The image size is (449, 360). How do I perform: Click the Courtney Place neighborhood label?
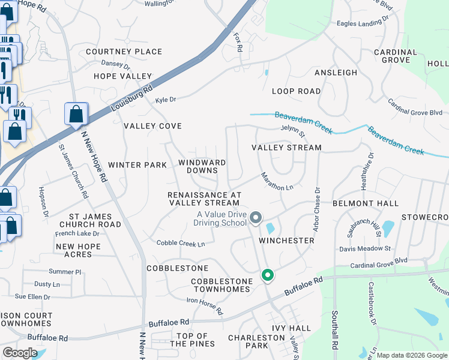[124, 52]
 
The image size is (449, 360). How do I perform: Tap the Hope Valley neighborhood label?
[122, 76]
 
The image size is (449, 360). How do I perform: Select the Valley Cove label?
[152, 126]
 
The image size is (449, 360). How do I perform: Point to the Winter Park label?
[137, 165]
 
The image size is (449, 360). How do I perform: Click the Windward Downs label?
[202, 166]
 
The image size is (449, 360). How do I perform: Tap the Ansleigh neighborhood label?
[336, 73]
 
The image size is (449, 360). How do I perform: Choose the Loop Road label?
[296, 91]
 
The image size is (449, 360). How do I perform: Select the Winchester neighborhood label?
[286, 241]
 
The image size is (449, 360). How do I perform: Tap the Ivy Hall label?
[291, 328]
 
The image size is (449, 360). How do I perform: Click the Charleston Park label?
[256, 341]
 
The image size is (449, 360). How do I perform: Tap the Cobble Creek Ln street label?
[181, 243]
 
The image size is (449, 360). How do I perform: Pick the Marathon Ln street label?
[277, 182]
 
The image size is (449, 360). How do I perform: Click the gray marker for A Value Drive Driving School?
[256, 218]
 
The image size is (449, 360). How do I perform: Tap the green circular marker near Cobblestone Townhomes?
[268, 275]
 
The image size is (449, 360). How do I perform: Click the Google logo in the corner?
[20, 353]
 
